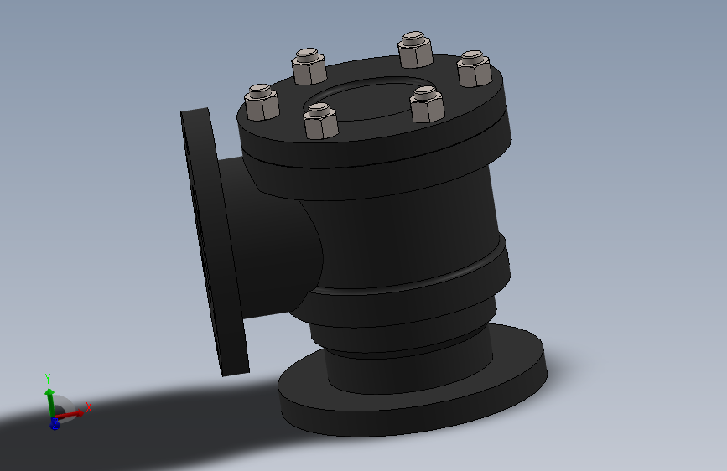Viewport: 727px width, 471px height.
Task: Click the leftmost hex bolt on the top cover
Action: (262, 102)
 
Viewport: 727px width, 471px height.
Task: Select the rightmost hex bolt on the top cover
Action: (475, 69)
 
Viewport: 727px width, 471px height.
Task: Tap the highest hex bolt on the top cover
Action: (415, 49)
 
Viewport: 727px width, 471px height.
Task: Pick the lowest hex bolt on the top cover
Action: (321, 121)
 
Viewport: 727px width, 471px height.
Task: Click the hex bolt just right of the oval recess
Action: (427, 104)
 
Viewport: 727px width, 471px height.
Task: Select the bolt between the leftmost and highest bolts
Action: (309, 66)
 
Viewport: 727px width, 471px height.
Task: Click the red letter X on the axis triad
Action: (89, 407)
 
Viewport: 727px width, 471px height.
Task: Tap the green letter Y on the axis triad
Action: (48, 379)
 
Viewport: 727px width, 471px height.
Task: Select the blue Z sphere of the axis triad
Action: (55, 423)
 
